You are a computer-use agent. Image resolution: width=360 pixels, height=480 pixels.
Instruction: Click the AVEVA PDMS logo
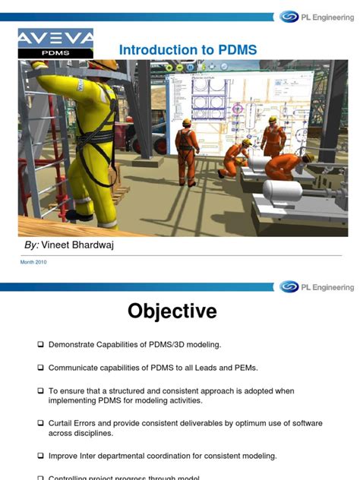(55, 43)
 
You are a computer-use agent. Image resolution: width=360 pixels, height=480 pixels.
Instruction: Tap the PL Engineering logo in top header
(316, 16)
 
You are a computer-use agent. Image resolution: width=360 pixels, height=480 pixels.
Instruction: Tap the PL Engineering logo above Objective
(316, 287)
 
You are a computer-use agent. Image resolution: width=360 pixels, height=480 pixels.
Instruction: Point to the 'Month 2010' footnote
(33, 262)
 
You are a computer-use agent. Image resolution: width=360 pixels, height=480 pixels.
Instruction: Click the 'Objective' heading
(172, 311)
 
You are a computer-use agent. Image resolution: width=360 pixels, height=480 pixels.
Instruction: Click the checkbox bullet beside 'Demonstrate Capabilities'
(40, 345)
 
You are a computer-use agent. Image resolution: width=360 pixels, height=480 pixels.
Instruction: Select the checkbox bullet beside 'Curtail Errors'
(40, 423)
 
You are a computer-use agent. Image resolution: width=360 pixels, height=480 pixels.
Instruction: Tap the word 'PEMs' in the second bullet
(244, 368)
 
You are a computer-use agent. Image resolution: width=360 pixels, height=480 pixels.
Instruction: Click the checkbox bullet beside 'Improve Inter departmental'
(40, 456)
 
